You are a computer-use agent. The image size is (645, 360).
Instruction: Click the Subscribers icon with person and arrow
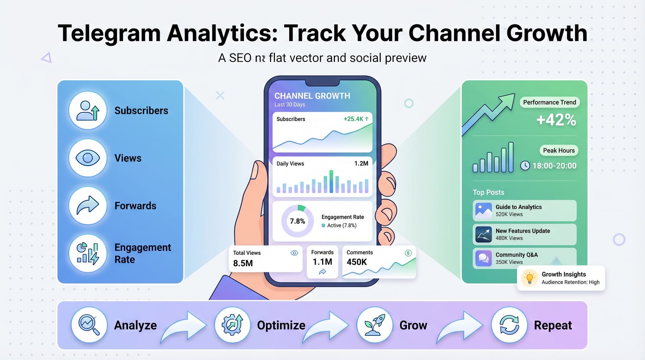[x=88, y=110]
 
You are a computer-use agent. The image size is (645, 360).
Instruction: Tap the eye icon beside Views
[x=88, y=158]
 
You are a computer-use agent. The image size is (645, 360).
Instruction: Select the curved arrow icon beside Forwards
[x=88, y=206]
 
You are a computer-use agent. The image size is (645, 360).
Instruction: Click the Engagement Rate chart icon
[x=88, y=253]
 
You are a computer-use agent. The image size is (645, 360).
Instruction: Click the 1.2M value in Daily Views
[x=361, y=164]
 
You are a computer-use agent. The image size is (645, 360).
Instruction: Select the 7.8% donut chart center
[x=297, y=221]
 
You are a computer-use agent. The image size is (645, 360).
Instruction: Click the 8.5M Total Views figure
[x=243, y=263]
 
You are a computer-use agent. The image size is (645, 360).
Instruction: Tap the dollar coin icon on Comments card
[x=408, y=253]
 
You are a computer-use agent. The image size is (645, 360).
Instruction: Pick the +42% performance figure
[x=556, y=120]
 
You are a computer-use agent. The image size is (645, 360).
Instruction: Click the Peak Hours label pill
[x=559, y=150]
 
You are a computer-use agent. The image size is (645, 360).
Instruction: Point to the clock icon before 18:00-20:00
[x=525, y=166]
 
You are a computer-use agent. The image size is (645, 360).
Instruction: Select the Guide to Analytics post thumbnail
[x=484, y=211]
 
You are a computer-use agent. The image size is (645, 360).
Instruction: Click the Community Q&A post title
[x=517, y=255]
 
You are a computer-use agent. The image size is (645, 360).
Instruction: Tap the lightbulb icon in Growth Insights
[x=529, y=278]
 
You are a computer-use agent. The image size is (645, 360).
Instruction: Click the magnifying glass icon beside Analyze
[x=89, y=325]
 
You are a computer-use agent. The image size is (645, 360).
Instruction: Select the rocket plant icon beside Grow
[x=375, y=325]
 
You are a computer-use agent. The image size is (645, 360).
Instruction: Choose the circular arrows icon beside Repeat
[x=509, y=325]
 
